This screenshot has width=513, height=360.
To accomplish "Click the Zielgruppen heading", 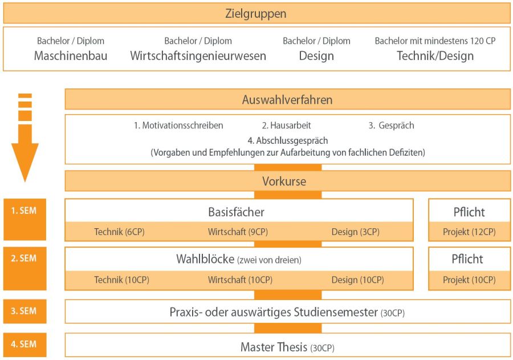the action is pyautogui.click(x=255, y=14).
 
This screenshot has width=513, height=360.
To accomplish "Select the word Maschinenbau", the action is pyautogui.click(x=71, y=56).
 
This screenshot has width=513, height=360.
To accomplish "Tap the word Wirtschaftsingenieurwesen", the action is pyautogui.click(x=198, y=56).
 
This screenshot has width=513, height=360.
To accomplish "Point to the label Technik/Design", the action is pyautogui.click(x=435, y=56).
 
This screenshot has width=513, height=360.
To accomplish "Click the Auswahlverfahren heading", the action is pyautogui.click(x=287, y=100).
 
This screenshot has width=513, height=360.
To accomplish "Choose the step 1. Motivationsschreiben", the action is pyautogui.click(x=178, y=126).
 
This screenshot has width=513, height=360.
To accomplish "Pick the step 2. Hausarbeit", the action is pyautogui.click(x=286, y=126).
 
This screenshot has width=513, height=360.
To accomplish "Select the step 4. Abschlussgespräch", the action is pyautogui.click(x=288, y=140).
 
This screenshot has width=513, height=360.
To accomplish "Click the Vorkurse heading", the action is pyautogui.click(x=284, y=181).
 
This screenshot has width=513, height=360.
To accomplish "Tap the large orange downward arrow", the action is pyautogui.click(x=25, y=137).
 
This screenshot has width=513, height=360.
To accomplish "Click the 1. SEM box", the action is pyautogui.click(x=25, y=219).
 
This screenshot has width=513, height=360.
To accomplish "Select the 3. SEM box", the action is pyautogui.click(x=25, y=311).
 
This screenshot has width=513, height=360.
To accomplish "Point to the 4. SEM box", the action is pyautogui.click(x=25, y=345).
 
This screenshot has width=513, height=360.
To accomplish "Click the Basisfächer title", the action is pyautogui.click(x=236, y=212).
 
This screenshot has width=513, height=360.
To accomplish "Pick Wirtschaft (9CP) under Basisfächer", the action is pyautogui.click(x=238, y=232).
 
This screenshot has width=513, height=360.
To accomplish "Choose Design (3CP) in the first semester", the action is pyautogui.click(x=355, y=232).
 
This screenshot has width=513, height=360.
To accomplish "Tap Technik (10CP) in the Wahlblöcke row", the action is pyautogui.click(x=122, y=280).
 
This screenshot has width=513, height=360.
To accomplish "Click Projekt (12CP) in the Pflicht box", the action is pyautogui.click(x=469, y=232).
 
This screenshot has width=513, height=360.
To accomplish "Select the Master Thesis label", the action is pyautogui.click(x=274, y=347).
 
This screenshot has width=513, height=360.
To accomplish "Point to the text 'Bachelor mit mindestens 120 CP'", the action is pyautogui.click(x=435, y=41).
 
